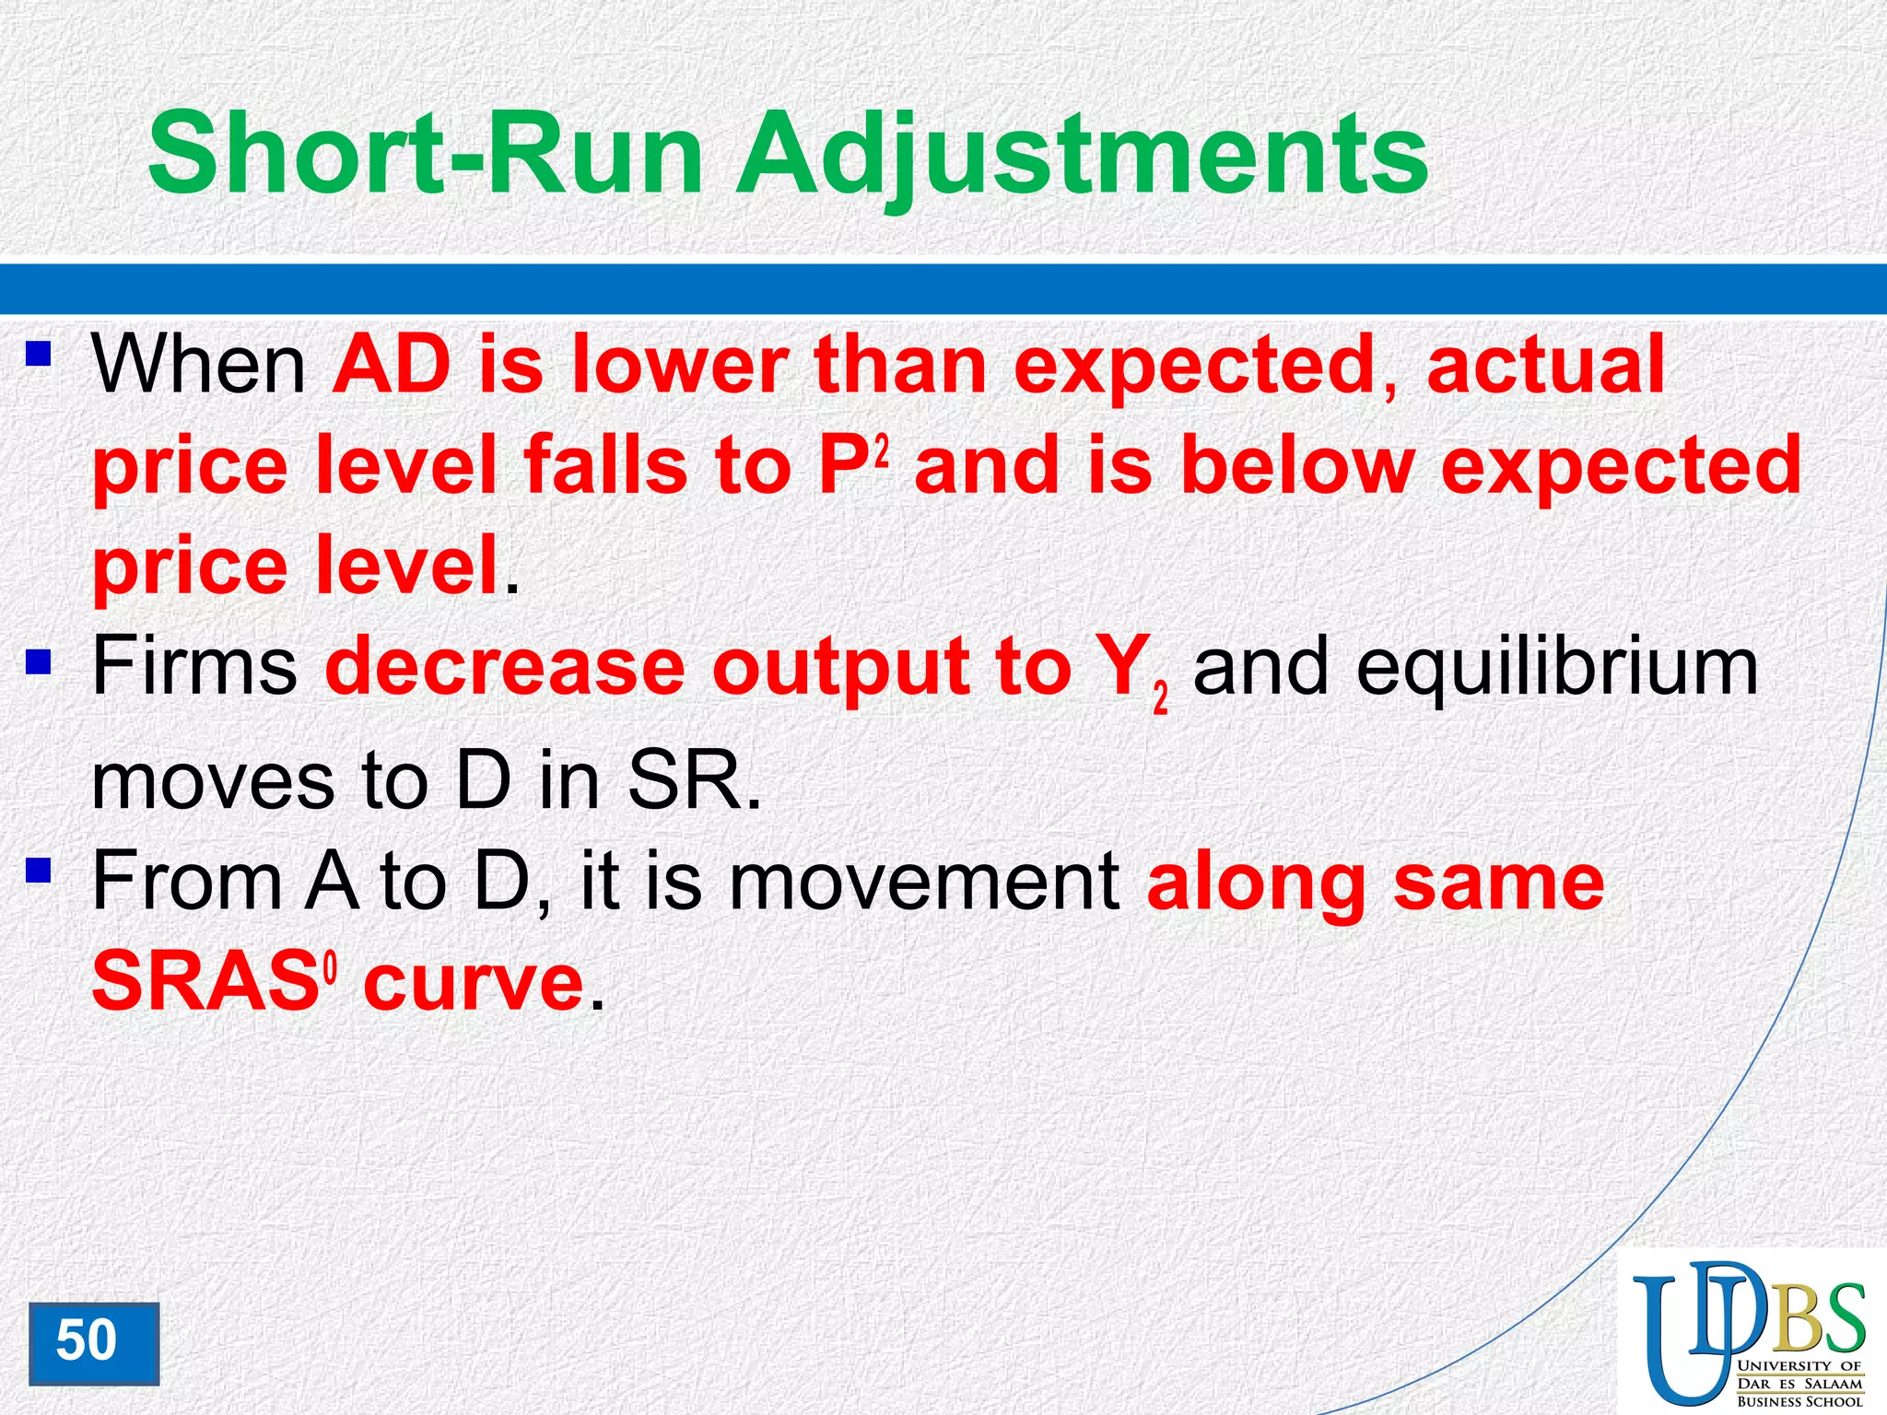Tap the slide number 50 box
[x=93, y=1342]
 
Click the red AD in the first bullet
[x=393, y=366]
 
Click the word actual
[x=1545, y=366]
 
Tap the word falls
[x=605, y=466]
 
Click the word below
[x=1297, y=466]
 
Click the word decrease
[x=504, y=668]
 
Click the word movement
[x=924, y=883]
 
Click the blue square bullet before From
[x=38, y=870]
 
